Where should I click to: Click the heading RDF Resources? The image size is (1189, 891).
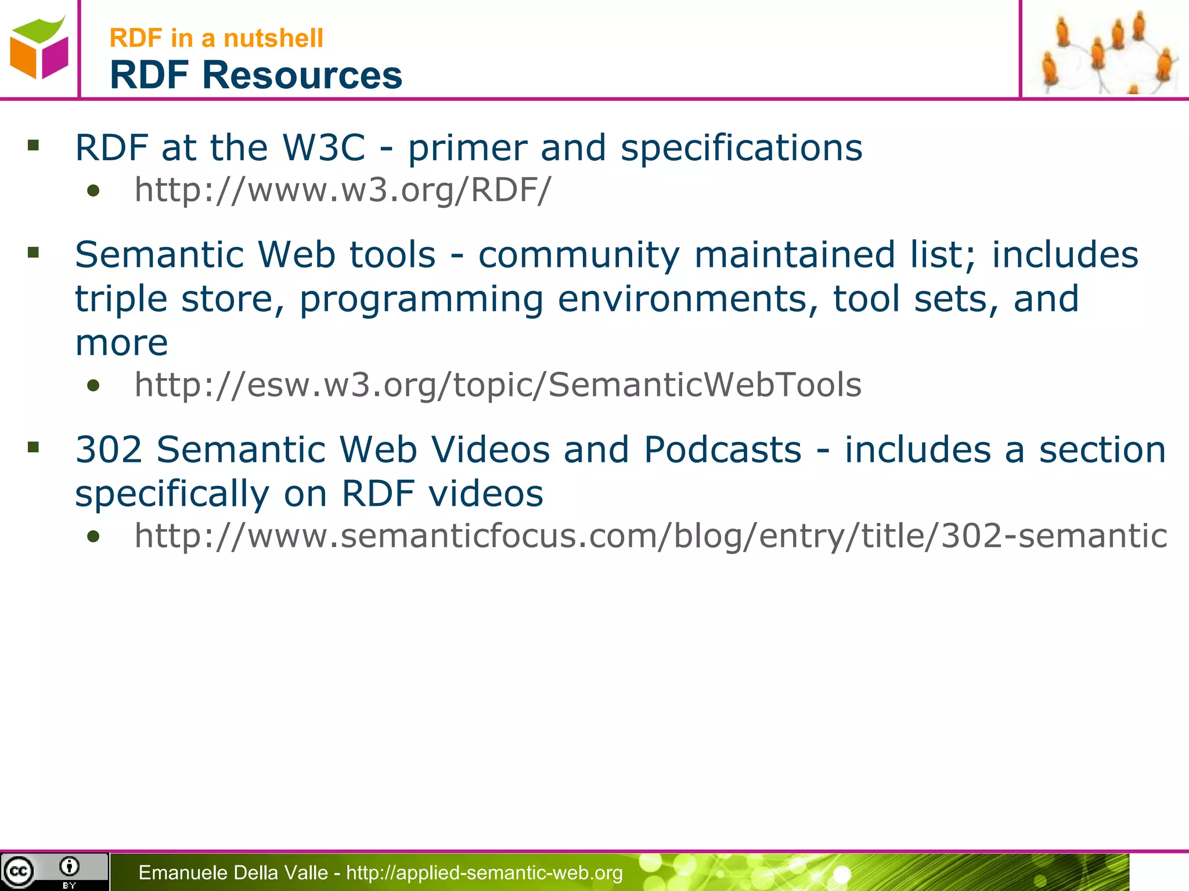click(255, 75)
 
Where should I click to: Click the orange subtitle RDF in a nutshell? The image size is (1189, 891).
click(216, 38)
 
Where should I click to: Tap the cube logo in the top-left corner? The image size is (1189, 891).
click(39, 48)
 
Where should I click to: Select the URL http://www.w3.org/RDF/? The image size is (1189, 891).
click(343, 190)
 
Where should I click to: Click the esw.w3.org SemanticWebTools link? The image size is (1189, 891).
click(498, 385)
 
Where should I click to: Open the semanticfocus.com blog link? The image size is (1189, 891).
click(650, 535)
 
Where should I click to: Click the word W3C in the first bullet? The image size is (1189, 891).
click(323, 147)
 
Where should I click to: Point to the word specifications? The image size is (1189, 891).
click(741, 147)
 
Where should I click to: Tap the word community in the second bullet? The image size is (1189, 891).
click(579, 255)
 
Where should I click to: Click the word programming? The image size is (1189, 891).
click(421, 299)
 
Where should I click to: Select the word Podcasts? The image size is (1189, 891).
click(722, 450)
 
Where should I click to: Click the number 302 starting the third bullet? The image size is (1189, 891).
click(109, 450)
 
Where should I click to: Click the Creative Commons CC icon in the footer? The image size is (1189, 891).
click(19, 871)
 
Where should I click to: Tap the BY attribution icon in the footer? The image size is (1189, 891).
click(69, 870)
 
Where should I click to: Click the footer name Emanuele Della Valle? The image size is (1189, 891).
click(233, 872)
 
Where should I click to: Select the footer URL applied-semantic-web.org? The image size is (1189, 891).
click(484, 872)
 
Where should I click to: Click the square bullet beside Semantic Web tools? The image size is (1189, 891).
click(33, 252)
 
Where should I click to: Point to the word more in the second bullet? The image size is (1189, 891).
click(121, 343)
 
